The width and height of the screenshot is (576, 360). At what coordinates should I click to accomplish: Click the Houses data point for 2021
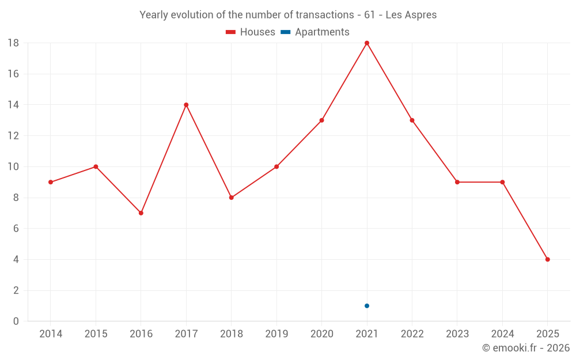coord(367,43)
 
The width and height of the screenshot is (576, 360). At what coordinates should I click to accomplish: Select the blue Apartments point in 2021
coord(367,306)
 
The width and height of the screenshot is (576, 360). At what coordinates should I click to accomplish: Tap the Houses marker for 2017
coord(186,105)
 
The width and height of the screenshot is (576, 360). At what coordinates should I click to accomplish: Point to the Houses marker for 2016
coord(141,213)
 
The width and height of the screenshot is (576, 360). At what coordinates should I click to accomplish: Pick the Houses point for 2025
coord(548,259)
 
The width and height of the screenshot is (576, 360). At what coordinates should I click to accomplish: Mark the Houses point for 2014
coord(51,182)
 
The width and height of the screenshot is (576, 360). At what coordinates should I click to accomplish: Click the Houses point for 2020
coord(322,120)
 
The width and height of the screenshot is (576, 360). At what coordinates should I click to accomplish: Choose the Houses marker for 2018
coord(232,198)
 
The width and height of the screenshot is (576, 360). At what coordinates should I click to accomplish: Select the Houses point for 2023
coord(457,182)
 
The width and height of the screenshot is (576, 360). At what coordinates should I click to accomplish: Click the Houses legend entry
coord(251,32)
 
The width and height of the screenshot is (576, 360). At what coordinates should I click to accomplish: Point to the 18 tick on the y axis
coord(13,43)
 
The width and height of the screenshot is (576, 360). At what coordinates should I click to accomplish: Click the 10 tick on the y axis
coord(13,167)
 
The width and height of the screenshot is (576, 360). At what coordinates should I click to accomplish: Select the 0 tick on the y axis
coord(16,321)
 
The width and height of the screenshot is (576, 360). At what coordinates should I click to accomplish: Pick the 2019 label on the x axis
coord(276,334)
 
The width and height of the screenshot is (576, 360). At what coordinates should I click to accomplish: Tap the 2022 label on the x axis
coord(412,334)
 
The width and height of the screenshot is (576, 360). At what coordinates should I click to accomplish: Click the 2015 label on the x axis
coord(96,334)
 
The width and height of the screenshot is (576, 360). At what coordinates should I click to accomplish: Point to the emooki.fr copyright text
coord(526,348)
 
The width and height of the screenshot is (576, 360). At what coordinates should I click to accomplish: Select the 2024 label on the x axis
coord(502,334)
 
